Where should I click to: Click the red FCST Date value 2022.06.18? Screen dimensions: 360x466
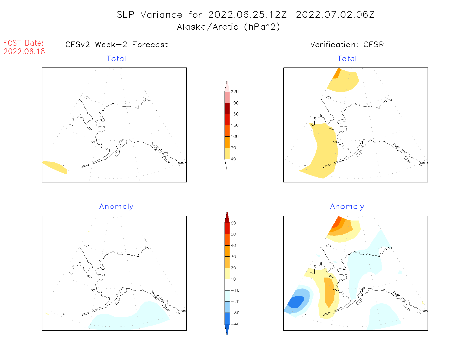click(24, 51)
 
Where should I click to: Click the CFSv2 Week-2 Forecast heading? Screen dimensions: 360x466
click(116, 45)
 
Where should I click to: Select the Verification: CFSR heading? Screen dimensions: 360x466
click(347, 45)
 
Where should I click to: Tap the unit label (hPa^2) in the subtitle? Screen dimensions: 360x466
click(262, 27)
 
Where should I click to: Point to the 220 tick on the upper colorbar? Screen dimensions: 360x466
click(234, 92)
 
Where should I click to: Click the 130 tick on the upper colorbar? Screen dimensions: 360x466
click(234, 125)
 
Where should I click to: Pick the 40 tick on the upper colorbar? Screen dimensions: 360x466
click(233, 159)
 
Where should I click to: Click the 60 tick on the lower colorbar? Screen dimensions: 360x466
click(233, 223)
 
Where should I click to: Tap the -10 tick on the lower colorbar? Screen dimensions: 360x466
click(235, 290)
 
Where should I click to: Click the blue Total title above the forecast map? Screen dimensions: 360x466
click(116, 59)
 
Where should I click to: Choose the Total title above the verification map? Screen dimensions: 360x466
click(347, 59)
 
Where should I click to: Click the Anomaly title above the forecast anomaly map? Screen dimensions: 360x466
click(116, 207)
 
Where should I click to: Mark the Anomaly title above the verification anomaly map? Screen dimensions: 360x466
click(347, 207)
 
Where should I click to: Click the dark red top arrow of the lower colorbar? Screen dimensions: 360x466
click(227, 218)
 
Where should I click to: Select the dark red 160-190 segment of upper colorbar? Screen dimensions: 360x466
click(227, 108)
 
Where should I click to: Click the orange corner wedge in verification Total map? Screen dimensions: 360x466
click(337, 74)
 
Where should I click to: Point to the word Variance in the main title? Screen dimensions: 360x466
click(161, 15)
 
